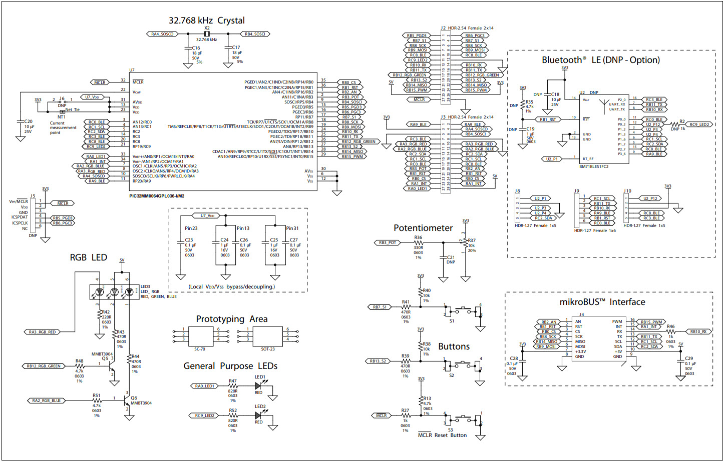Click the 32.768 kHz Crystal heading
pyautogui.click(x=206, y=20)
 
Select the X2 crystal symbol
pyautogui.click(x=207, y=34)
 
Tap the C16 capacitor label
pyautogui.click(x=196, y=48)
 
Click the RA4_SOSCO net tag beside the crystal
pyautogui.click(x=162, y=34)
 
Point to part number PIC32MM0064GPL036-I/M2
pyautogui.click(x=157, y=196)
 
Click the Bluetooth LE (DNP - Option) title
pyautogui.click(x=600, y=60)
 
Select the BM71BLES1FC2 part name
pyautogui.click(x=594, y=166)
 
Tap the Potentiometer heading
pyautogui.click(x=423, y=228)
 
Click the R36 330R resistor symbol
pyautogui.click(x=418, y=243)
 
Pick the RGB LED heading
pyautogui.click(x=88, y=257)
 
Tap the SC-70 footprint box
pyautogui.click(x=200, y=334)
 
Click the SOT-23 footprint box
pyautogui.click(x=268, y=334)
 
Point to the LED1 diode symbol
pyautogui.click(x=259, y=386)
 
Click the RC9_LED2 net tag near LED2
pyautogui.click(x=204, y=415)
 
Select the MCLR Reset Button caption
pyautogui.click(x=442, y=435)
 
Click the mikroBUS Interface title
pyautogui.click(x=602, y=302)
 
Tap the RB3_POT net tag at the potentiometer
pyautogui.click(x=387, y=243)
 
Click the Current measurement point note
pyautogui.click(x=63, y=128)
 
